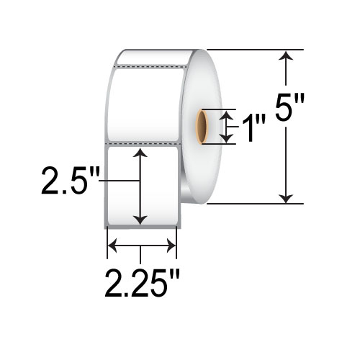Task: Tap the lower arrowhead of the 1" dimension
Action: click(x=228, y=138)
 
